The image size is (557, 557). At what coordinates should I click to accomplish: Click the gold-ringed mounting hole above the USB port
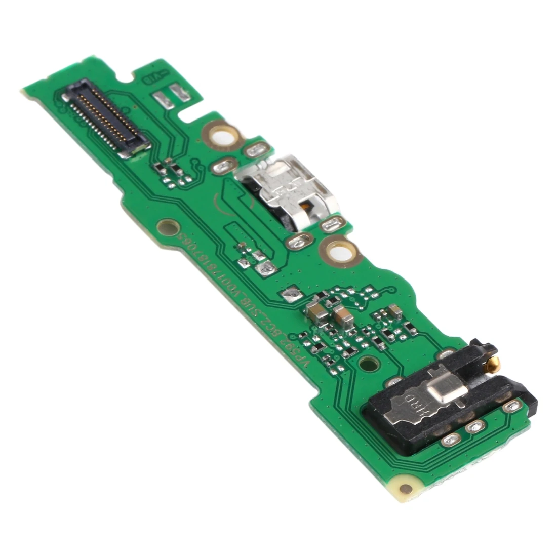click(x=221, y=135)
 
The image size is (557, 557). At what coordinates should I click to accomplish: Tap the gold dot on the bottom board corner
click(x=406, y=489)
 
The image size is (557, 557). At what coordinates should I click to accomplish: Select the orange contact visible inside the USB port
click(x=305, y=207)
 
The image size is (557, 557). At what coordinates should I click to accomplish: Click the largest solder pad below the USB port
click(x=298, y=242)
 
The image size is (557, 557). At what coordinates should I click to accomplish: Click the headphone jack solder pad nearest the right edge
click(x=513, y=406)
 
